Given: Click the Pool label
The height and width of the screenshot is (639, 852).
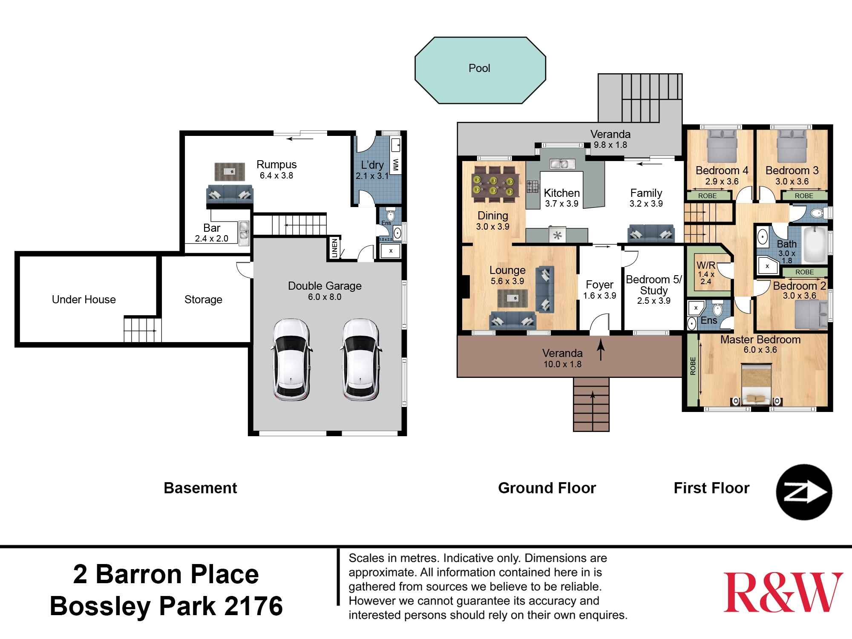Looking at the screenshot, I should (479, 68).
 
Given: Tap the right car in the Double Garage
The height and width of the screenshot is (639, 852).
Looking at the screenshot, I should (360, 360).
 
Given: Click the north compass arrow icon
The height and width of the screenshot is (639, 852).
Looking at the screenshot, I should (804, 492).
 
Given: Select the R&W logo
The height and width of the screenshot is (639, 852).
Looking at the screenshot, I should (783, 593).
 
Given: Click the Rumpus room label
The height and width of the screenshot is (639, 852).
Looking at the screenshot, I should (276, 164).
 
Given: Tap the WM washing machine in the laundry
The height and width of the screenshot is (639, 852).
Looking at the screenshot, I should (395, 164).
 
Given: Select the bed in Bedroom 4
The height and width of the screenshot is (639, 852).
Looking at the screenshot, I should (722, 145).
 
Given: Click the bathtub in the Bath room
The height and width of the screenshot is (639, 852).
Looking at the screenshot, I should (815, 245).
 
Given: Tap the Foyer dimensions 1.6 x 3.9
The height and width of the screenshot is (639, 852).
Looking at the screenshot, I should (599, 296).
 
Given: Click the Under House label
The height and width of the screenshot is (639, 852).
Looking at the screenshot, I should (84, 299).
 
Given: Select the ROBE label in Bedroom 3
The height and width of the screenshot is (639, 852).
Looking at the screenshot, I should (804, 196).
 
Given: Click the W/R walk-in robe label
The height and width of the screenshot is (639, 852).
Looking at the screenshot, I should (706, 265).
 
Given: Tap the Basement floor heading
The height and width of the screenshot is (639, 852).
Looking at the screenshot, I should (200, 488).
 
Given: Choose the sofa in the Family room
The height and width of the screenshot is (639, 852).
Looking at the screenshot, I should (651, 234).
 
